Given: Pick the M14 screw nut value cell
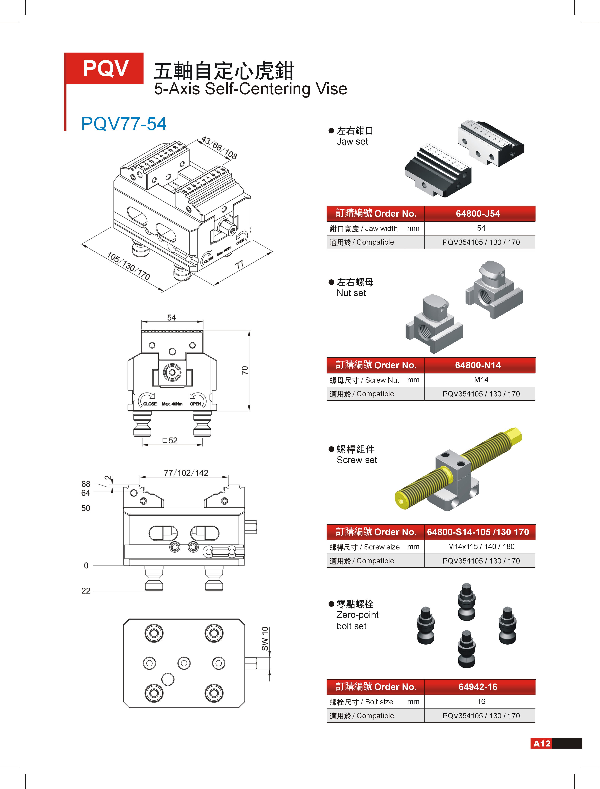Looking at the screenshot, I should (481, 380).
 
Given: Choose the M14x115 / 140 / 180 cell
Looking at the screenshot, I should (481, 547).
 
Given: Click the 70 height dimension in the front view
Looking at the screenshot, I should (245, 370).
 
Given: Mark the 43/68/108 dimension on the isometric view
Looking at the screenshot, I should (219, 147).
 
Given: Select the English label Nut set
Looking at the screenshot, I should (351, 293).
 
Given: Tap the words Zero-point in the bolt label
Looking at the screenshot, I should (357, 615).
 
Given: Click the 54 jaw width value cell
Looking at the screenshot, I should (481, 228).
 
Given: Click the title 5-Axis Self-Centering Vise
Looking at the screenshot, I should (250, 89).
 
